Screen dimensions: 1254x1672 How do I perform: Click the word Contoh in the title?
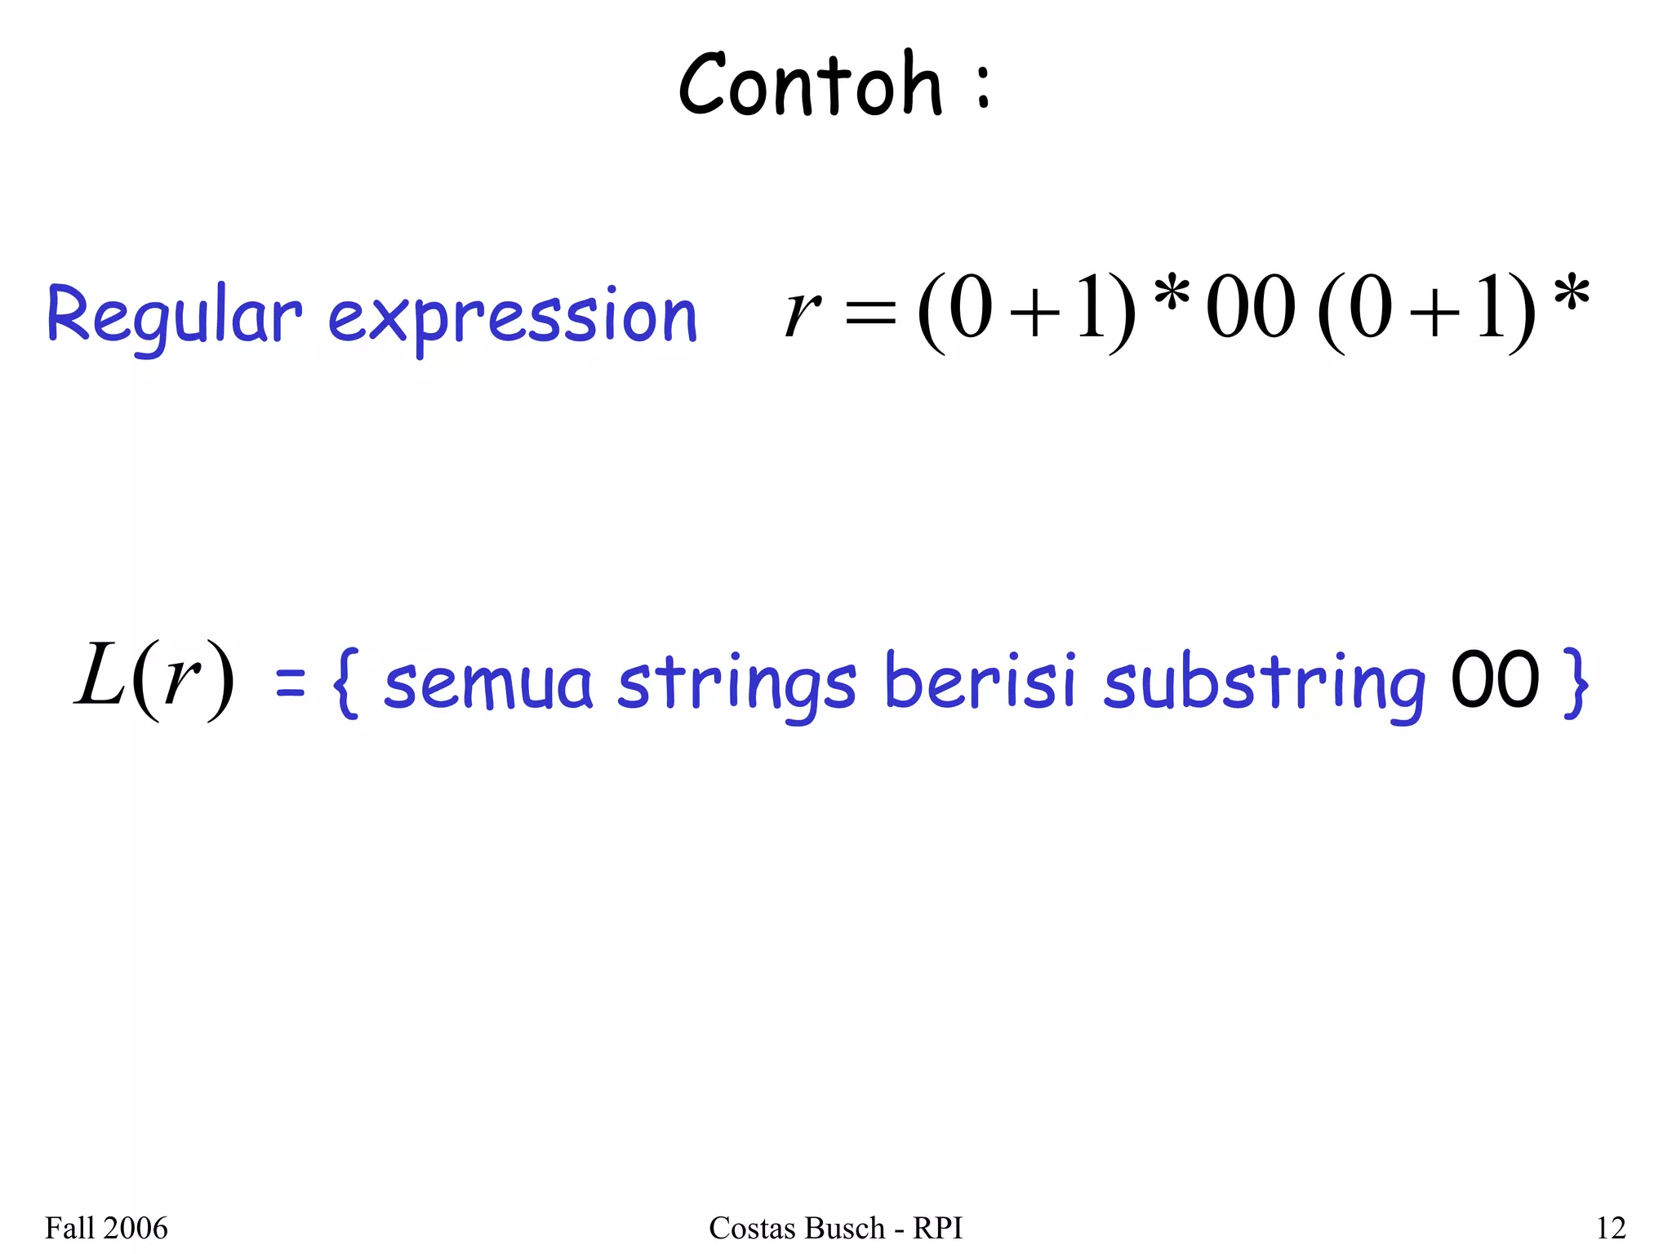(811, 85)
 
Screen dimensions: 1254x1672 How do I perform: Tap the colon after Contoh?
(984, 88)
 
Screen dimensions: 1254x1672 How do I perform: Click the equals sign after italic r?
(871, 313)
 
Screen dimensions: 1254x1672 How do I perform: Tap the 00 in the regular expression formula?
(1251, 308)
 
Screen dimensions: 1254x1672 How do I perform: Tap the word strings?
(736, 684)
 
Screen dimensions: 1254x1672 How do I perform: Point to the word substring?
(1264, 684)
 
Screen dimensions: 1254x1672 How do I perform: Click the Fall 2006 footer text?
(106, 1228)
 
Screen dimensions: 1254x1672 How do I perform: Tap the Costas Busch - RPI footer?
(835, 1228)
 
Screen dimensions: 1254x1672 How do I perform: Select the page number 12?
(1611, 1228)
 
